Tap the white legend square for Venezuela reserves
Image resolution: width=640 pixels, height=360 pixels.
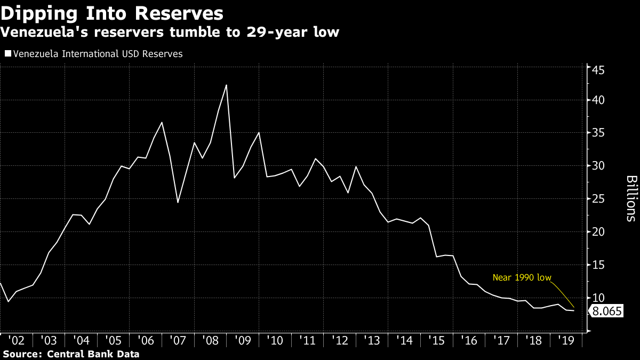coord(7,53)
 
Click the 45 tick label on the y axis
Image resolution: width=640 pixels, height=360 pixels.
coord(597,70)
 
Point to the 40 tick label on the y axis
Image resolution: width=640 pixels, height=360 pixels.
coord(597,100)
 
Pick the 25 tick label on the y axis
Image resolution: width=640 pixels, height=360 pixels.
coord(597,199)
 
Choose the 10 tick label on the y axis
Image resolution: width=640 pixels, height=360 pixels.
coord(597,298)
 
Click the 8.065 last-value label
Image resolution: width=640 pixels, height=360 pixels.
coord(607,311)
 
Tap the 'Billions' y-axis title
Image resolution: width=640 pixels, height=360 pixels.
coord(630,198)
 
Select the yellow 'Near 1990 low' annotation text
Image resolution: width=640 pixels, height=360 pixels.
coord(522,277)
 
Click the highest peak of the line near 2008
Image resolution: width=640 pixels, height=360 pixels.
coord(227,85)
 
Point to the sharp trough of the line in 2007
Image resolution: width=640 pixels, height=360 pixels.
coord(178,203)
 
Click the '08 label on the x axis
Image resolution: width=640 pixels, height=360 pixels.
coord(211,340)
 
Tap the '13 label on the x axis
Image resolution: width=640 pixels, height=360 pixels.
coord(373,340)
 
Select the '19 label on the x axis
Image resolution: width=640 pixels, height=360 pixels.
coord(566,340)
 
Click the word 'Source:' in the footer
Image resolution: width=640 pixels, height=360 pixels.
coord(23,354)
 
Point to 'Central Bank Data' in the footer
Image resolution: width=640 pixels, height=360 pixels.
coord(93,354)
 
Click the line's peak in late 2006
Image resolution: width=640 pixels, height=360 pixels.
coord(162,122)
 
